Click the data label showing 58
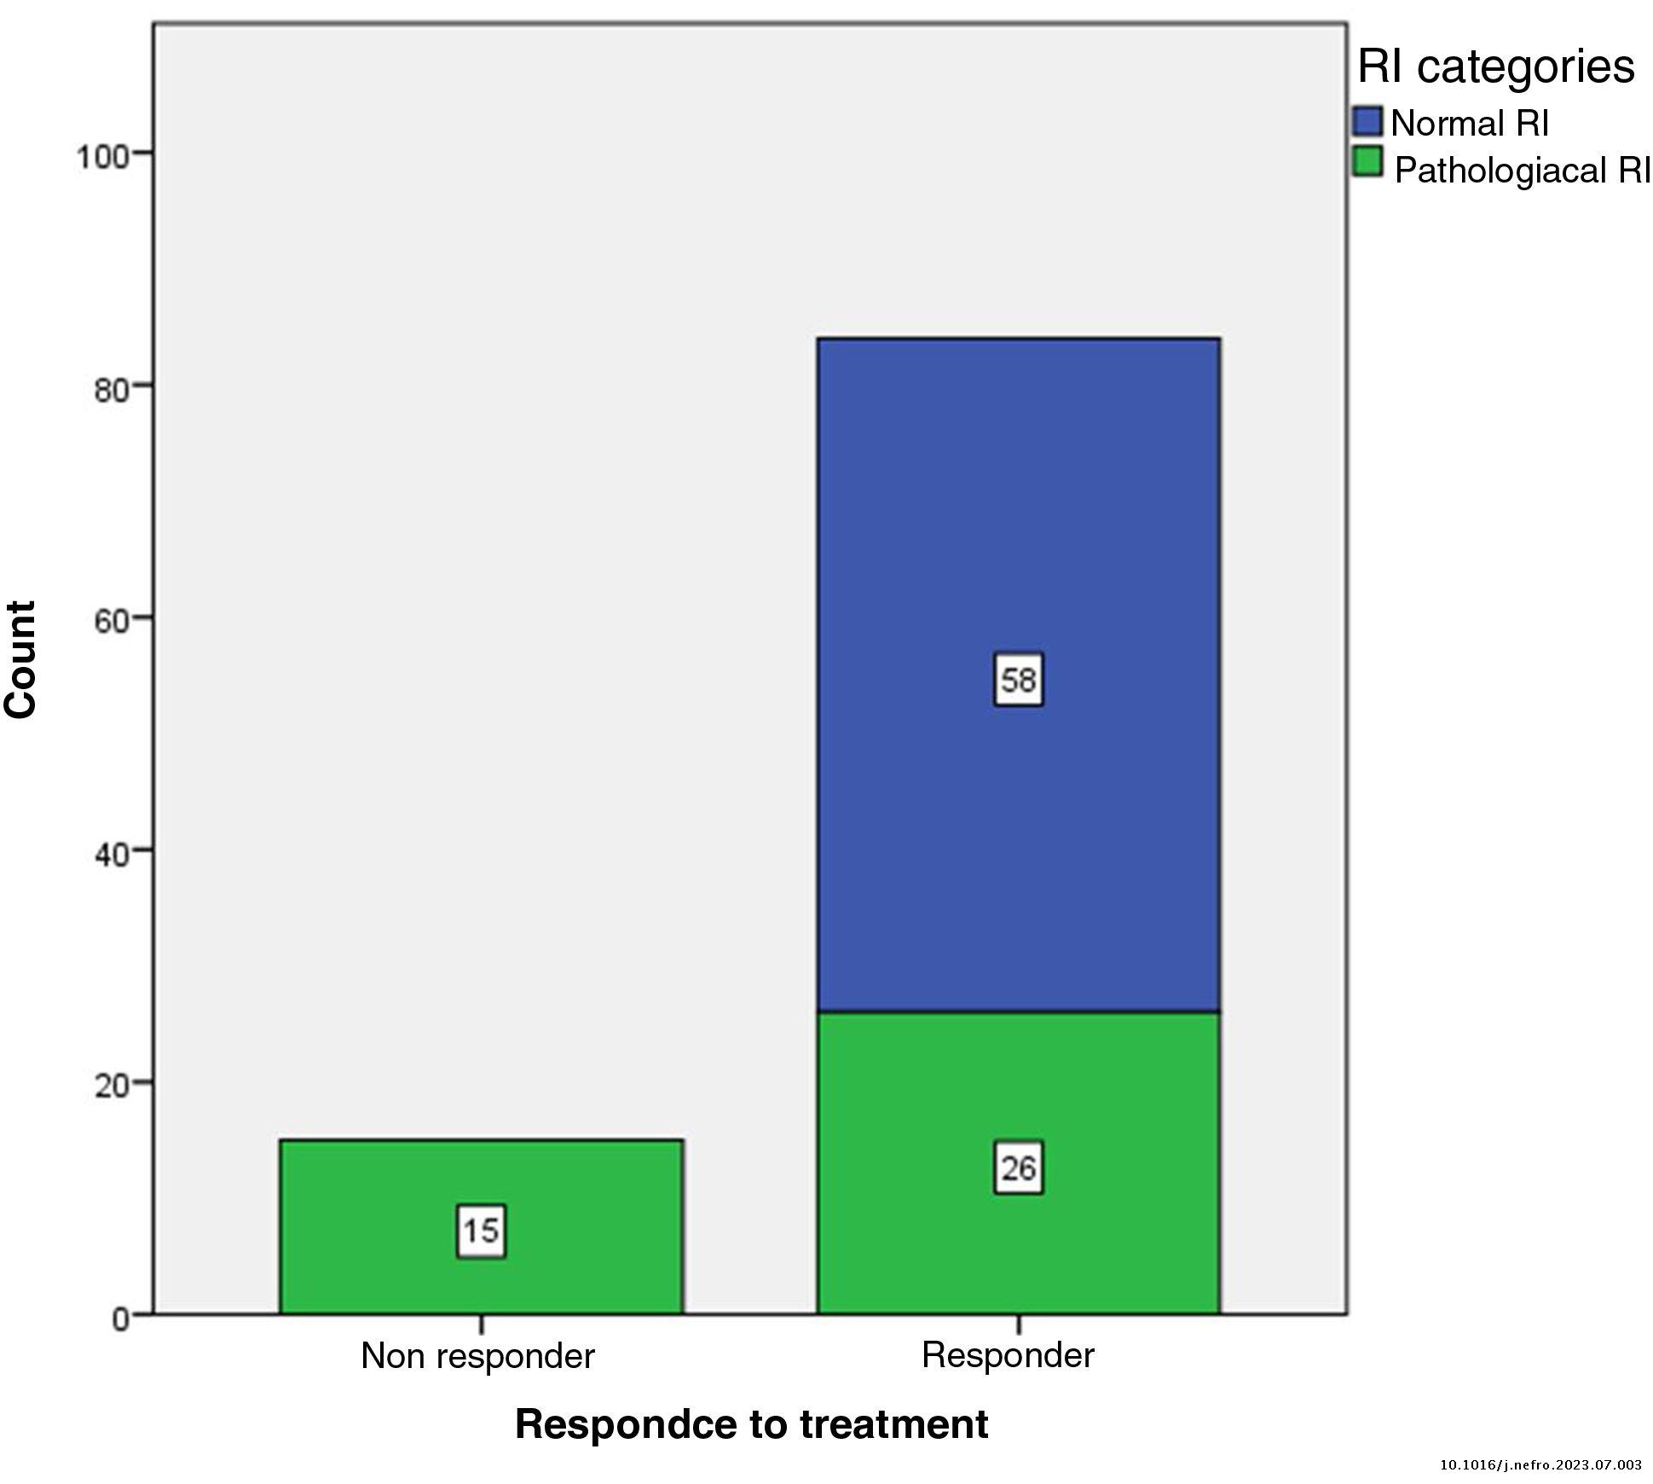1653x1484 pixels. (1018, 680)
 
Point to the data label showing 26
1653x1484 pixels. (1018, 1168)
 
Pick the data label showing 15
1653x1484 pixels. (481, 1231)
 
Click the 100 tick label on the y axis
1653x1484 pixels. (101, 157)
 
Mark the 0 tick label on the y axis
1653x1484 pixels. (120, 1319)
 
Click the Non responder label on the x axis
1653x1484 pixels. (477, 1355)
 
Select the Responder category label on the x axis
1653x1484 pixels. (1008, 1354)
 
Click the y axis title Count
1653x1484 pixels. (22, 659)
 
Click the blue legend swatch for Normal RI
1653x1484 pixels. (1367, 121)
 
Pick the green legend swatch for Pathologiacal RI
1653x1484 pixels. (1367, 162)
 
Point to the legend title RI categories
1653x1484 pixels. (1495, 67)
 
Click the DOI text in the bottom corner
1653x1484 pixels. (1540, 1465)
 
